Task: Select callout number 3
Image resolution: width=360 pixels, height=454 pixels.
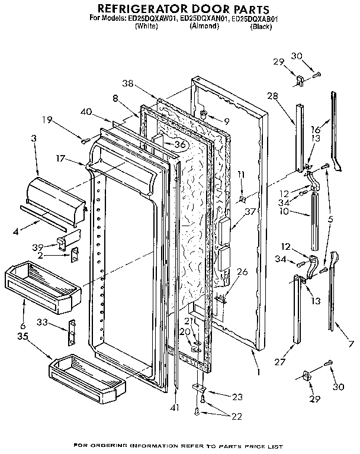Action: point(34,137)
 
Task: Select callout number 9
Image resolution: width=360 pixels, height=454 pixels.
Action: point(225,121)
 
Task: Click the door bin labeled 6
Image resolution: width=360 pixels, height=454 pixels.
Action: point(41,285)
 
